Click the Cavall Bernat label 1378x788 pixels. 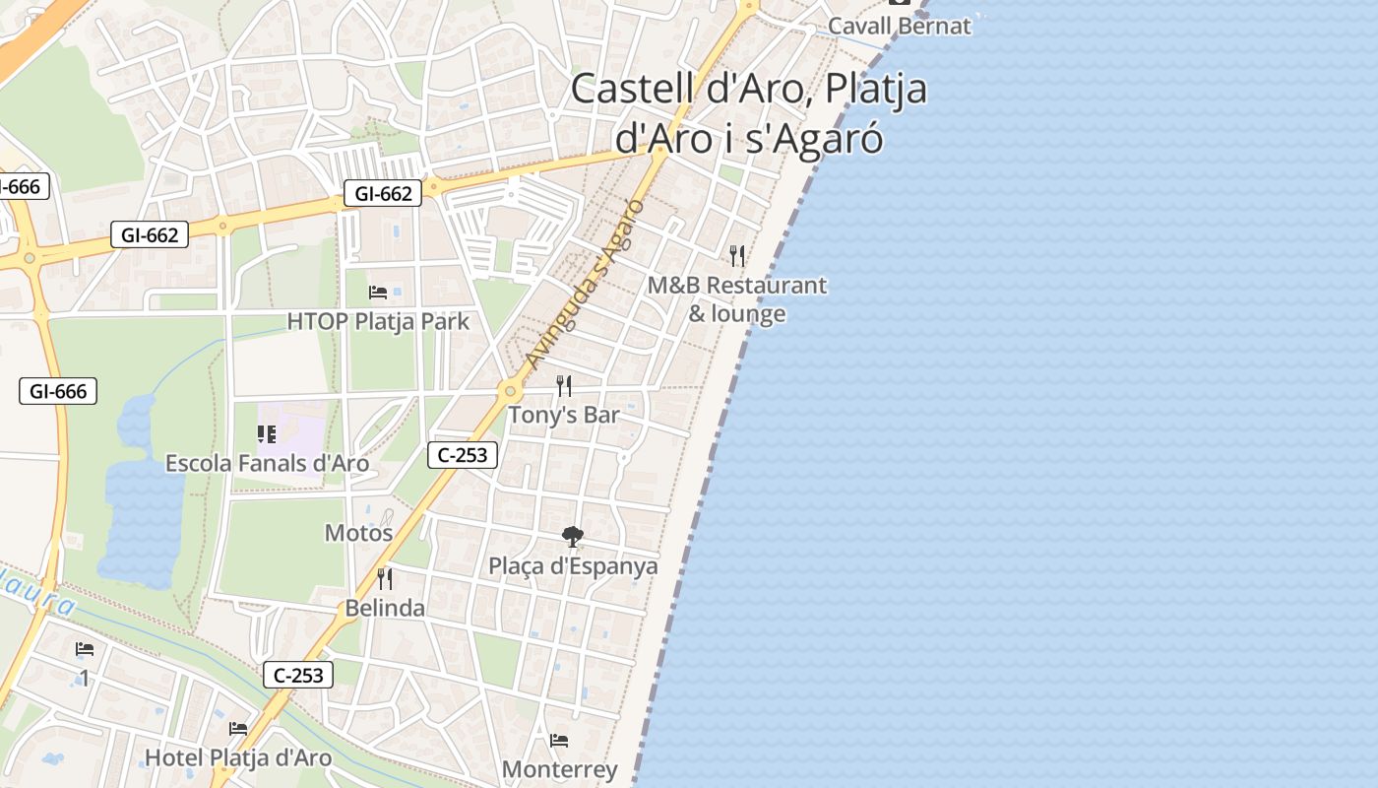click(x=899, y=26)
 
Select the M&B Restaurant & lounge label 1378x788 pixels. click(x=737, y=299)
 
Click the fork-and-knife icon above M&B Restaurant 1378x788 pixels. click(x=737, y=256)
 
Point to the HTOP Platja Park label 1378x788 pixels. click(x=378, y=322)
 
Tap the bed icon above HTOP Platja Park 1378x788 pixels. click(x=378, y=292)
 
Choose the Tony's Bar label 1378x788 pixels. click(x=563, y=415)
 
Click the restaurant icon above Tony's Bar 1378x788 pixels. click(x=564, y=385)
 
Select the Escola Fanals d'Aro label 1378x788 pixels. click(x=267, y=463)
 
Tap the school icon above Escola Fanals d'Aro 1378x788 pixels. click(x=266, y=433)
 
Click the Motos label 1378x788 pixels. click(x=358, y=533)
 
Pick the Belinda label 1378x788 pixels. click(x=385, y=608)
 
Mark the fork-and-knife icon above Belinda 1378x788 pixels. click(x=385, y=578)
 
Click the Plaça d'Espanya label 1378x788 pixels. click(x=573, y=566)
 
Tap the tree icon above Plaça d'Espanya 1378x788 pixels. click(x=572, y=537)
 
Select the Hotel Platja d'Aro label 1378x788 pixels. click(x=238, y=758)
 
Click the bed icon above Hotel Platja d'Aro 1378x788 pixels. click(x=238, y=729)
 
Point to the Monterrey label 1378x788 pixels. click(x=559, y=769)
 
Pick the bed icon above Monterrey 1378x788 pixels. click(x=559, y=741)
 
